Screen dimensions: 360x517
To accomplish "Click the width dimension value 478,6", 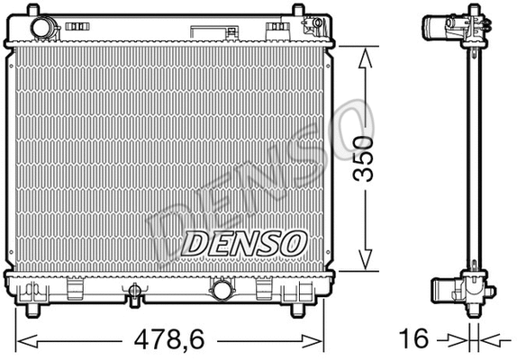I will click(x=169, y=340).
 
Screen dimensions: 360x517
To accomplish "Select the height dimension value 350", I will click(x=363, y=157).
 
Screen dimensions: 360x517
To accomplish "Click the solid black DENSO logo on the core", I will click(x=246, y=242).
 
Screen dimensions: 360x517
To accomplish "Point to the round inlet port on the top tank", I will click(x=41, y=29).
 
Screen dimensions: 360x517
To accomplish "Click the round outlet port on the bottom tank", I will click(x=220, y=289).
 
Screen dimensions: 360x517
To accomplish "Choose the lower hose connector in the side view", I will click(x=447, y=289).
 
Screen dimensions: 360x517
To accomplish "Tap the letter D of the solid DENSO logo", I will click(x=196, y=242).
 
